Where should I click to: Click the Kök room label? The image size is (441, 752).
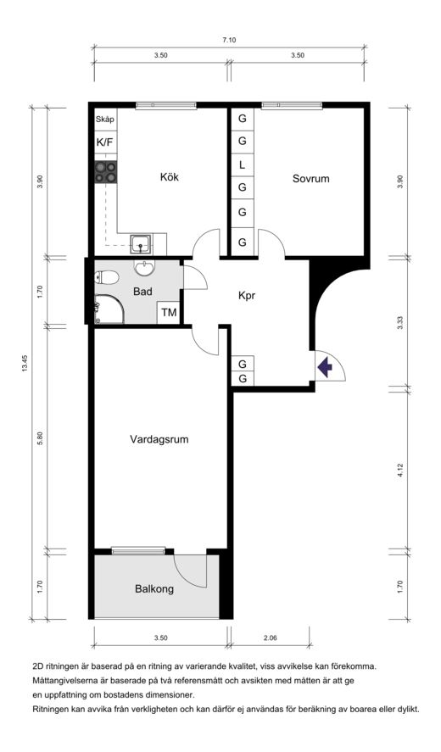(x=170, y=177)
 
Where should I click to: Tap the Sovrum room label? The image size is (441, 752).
(x=311, y=179)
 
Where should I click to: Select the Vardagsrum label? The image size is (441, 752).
(x=159, y=439)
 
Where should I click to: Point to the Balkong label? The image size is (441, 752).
(x=154, y=589)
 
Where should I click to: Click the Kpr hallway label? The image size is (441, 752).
(x=247, y=296)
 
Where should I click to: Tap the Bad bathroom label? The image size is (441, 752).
(x=143, y=291)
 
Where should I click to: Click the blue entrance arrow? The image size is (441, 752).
(x=326, y=367)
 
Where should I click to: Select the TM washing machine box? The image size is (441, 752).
(x=169, y=313)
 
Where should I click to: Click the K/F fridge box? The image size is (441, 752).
(x=105, y=142)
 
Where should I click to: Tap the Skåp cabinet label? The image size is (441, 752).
(x=105, y=120)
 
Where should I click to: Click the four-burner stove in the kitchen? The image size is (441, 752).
(x=106, y=172)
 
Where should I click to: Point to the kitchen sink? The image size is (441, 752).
(x=141, y=245)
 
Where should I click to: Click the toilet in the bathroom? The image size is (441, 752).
(x=107, y=276)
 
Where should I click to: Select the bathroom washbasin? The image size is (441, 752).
(x=144, y=268)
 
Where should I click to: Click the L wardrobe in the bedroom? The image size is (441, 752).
(x=243, y=165)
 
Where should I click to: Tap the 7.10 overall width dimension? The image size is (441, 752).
(x=229, y=41)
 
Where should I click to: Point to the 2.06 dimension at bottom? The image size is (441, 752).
(x=270, y=638)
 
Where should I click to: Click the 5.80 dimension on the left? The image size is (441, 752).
(x=41, y=438)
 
